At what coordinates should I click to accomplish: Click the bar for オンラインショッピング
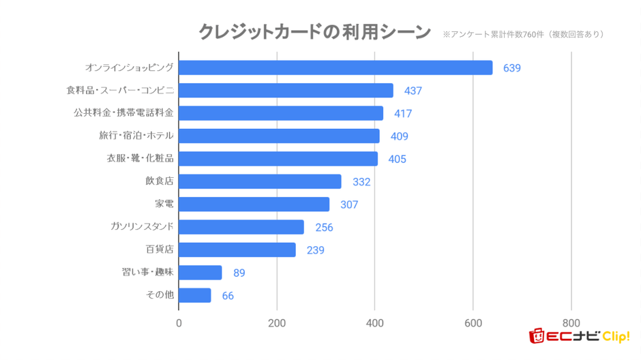[336, 67]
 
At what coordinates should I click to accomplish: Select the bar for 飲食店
[260, 181]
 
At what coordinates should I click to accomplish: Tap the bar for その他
[195, 295]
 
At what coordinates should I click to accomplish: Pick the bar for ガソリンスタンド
[241, 227]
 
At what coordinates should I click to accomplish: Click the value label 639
[511, 68]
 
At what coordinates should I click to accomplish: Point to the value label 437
[413, 91]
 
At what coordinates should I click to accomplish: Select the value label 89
[239, 273]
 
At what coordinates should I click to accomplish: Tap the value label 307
[349, 205]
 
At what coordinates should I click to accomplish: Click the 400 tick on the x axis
[375, 323]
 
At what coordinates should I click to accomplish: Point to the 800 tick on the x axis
[571, 323]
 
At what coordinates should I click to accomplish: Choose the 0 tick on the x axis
[179, 323]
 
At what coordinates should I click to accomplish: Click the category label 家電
[164, 204]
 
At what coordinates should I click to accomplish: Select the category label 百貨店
[160, 250]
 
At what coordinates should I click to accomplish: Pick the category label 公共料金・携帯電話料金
[123, 112]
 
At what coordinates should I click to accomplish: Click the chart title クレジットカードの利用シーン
[314, 32]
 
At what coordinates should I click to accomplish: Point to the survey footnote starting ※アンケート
[522, 33]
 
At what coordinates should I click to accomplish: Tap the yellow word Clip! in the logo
[616, 336]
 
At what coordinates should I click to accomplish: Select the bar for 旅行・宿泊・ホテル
[279, 136]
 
